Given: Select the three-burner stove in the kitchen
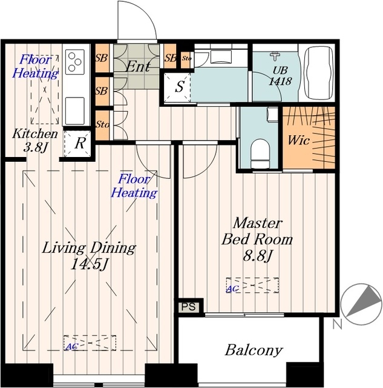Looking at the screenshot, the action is (x=75, y=62).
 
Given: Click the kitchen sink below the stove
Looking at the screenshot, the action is (x=75, y=110).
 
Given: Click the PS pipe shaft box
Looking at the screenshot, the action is (x=189, y=307).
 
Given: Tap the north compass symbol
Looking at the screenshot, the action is (x=361, y=304).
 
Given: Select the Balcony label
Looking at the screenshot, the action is (x=254, y=350).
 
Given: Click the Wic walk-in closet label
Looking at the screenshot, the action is (x=299, y=140).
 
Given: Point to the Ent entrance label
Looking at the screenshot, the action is (x=138, y=67).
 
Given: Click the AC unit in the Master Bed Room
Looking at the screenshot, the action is (x=253, y=286).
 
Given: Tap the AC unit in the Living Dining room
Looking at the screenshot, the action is (x=90, y=343).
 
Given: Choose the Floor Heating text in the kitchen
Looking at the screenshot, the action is (x=36, y=66).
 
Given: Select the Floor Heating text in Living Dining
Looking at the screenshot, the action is (x=134, y=186).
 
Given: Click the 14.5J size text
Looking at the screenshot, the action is (x=89, y=265).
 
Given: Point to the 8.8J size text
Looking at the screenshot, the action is (x=258, y=256).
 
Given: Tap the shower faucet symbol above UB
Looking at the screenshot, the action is (x=276, y=56).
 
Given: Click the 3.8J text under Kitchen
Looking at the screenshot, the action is (x=35, y=148).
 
